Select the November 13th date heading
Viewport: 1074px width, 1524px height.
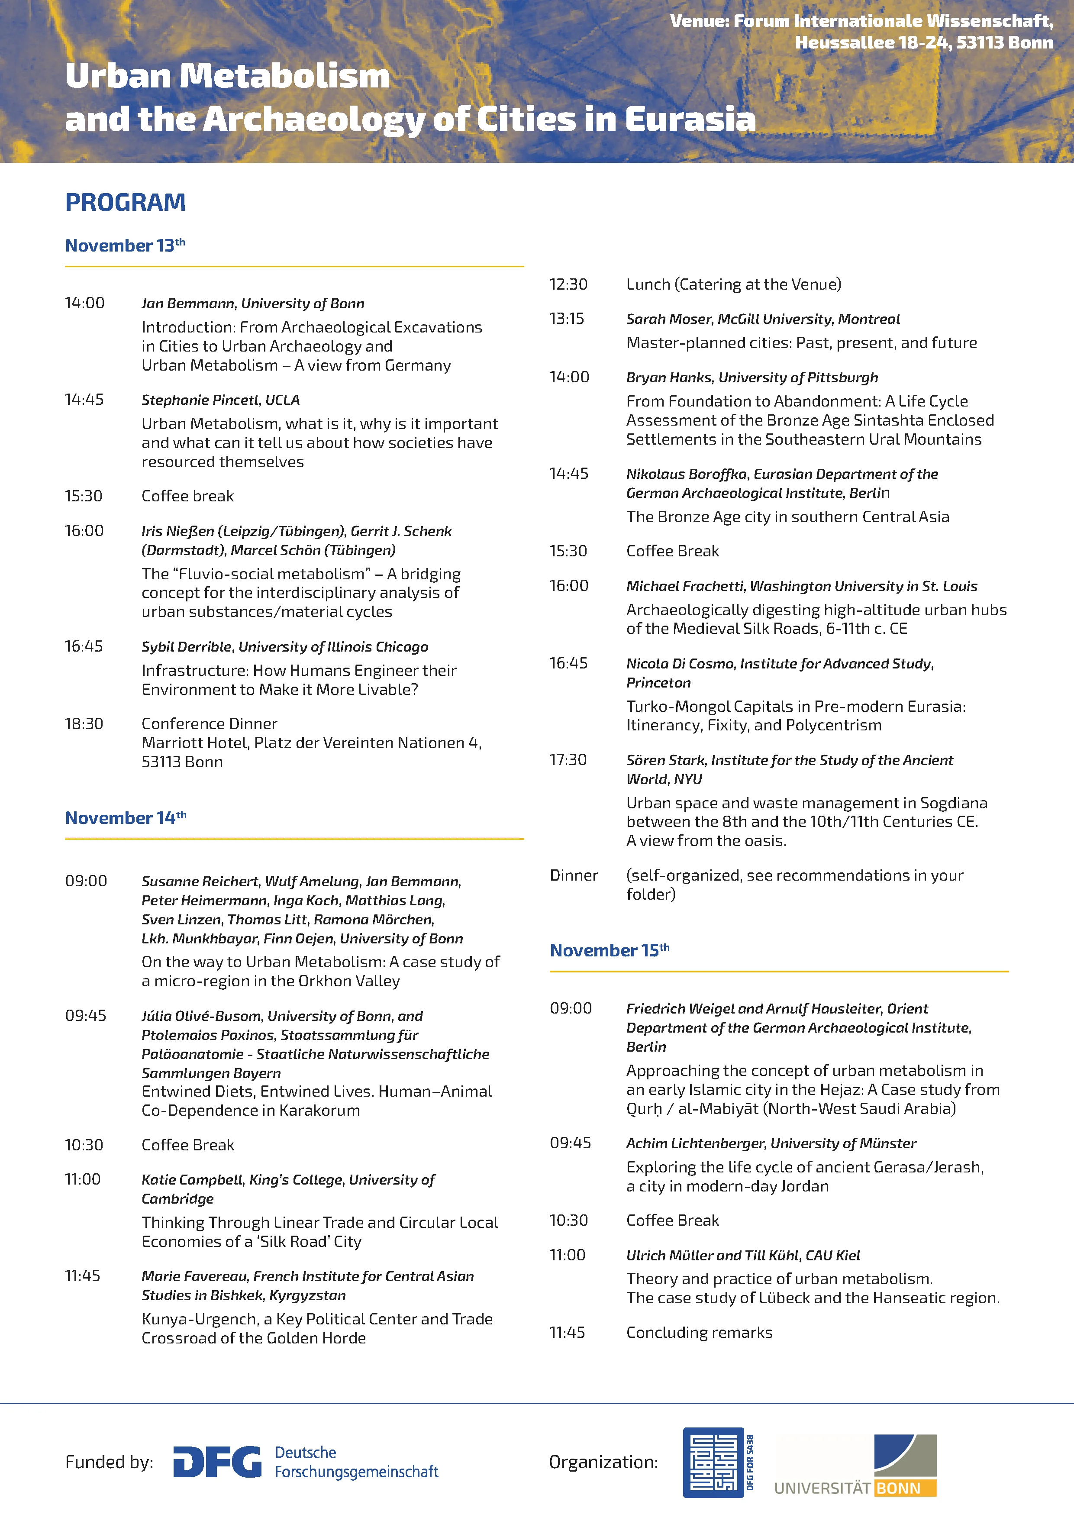125,245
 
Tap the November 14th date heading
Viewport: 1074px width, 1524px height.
126,818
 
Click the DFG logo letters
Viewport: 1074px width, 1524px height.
217,1462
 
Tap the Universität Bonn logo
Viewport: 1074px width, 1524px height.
856,1465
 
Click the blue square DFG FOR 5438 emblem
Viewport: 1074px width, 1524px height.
713,1462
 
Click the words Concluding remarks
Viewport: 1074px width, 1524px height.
699,1332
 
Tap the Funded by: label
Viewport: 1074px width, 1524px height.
109,1462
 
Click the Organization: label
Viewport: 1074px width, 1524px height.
603,1462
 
